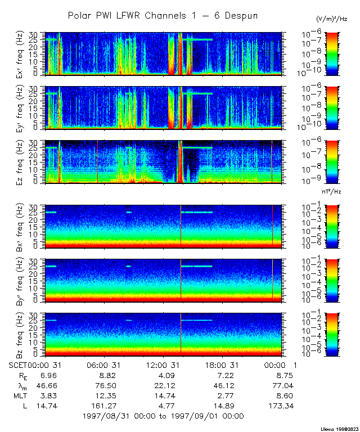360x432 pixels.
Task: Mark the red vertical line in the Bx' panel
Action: coord(272,225)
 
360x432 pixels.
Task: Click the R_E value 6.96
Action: coord(48,375)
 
